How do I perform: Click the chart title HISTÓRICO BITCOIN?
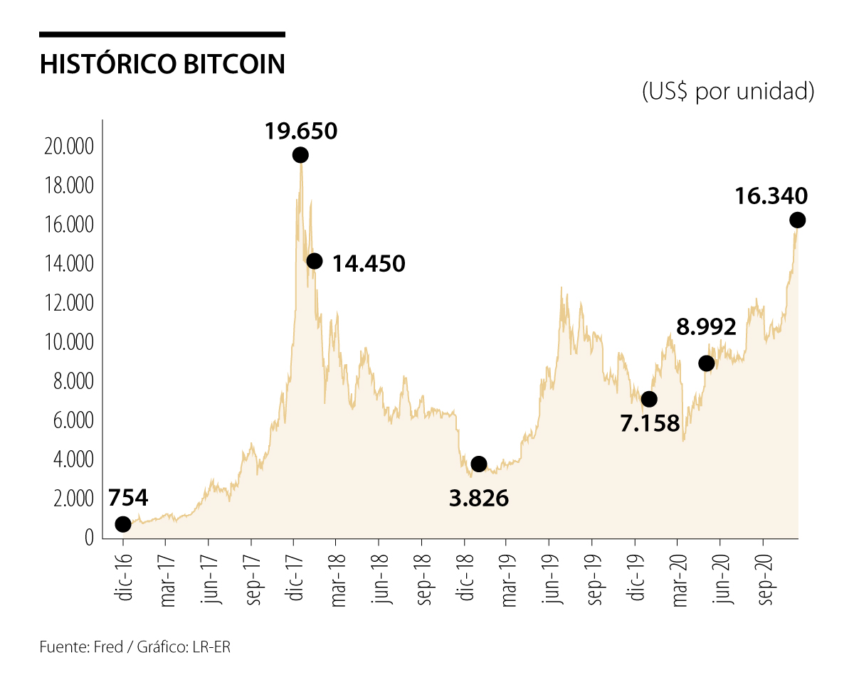(x=162, y=64)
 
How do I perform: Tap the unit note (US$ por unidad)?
(x=727, y=92)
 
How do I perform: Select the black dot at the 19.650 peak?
(x=300, y=155)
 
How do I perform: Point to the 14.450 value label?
(x=369, y=264)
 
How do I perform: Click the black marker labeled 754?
(x=123, y=524)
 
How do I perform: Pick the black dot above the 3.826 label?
(x=479, y=464)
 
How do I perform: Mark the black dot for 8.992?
(x=707, y=363)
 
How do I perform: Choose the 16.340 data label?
(x=772, y=196)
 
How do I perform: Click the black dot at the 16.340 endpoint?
(x=798, y=220)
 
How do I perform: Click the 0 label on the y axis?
(x=89, y=537)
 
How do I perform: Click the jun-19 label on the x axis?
(x=551, y=580)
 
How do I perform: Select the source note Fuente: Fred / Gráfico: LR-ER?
(x=135, y=647)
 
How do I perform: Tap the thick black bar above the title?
(x=162, y=34)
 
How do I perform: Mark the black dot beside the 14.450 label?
(x=315, y=261)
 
